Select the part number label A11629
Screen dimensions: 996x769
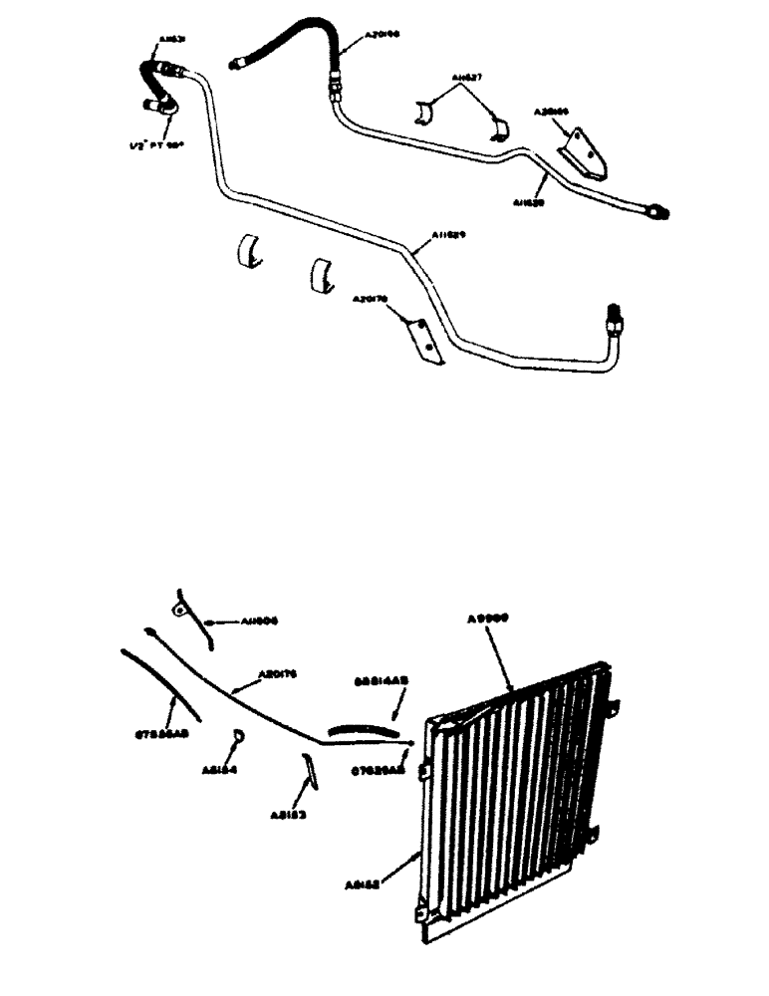tap(449, 235)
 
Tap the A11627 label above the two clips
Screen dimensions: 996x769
tap(465, 77)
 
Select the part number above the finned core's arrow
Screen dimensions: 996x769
tap(489, 617)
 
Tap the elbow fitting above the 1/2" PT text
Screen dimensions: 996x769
tap(159, 104)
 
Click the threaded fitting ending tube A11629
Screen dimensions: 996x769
tap(613, 323)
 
